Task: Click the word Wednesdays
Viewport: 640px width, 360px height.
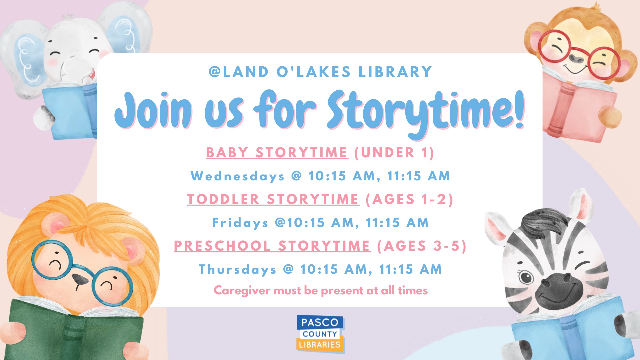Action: (237, 176)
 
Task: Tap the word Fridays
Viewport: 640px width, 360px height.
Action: (240, 223)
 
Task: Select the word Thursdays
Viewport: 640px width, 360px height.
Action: (237, 269)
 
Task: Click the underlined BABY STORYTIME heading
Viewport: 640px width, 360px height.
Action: (277, 153)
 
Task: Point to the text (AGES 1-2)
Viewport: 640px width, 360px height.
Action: (409, 199)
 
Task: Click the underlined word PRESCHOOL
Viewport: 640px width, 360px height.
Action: (222, 246)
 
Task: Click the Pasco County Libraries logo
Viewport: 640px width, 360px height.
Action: (320, 333)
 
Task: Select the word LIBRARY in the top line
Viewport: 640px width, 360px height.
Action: (395, 72)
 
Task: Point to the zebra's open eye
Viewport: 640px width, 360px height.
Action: (526, 277)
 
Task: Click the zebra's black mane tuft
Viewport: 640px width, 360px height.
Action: (543, 222)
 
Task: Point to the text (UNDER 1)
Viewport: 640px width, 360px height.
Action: (394, 153)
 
